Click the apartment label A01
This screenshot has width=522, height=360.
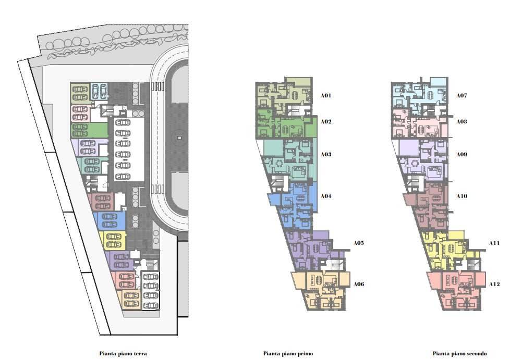[x=326, y=95]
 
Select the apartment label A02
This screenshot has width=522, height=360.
[x=326, y=121]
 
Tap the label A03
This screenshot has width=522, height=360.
[x=326, y=154]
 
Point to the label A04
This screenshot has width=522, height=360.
[x=326, y=196]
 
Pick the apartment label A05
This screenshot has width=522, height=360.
[x=359, y=243]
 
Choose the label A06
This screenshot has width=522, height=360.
[x=359, y=284]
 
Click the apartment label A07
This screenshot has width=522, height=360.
[x=462, y=95]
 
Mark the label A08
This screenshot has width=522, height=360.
[x=462, y=121]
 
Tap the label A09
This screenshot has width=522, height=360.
[x=462, y=154]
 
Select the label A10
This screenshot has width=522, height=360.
[x=462, y=196]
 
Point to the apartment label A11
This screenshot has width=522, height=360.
[x=494, y=243]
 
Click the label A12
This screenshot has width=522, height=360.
[x=494, y=284]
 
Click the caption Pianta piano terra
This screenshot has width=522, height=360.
[x=123, y=353]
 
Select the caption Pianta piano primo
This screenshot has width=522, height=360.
[x=288, y=353]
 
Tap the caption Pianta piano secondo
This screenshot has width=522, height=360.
[x=460, y=353]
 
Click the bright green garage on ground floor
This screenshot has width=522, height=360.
[x=89, y=130]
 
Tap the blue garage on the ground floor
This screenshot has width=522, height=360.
[x=110, y=220]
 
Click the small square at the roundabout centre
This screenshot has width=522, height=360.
[x=179, y=138]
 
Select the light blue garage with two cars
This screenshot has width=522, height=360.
[x=99, y=91]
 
